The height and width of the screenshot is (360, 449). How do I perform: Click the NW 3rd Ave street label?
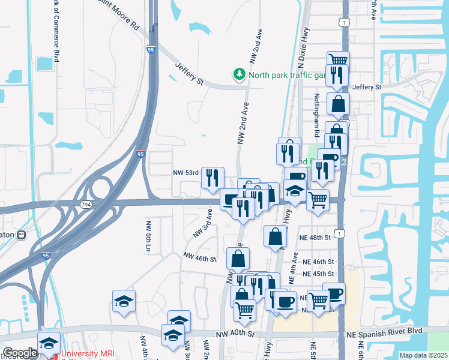202,222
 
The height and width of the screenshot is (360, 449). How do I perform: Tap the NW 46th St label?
199,258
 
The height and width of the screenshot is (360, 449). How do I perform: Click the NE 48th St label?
315,238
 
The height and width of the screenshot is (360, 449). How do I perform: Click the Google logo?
19,353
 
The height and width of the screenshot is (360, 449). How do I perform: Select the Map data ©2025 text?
423,355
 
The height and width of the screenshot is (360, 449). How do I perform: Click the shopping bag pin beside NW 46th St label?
238,259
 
